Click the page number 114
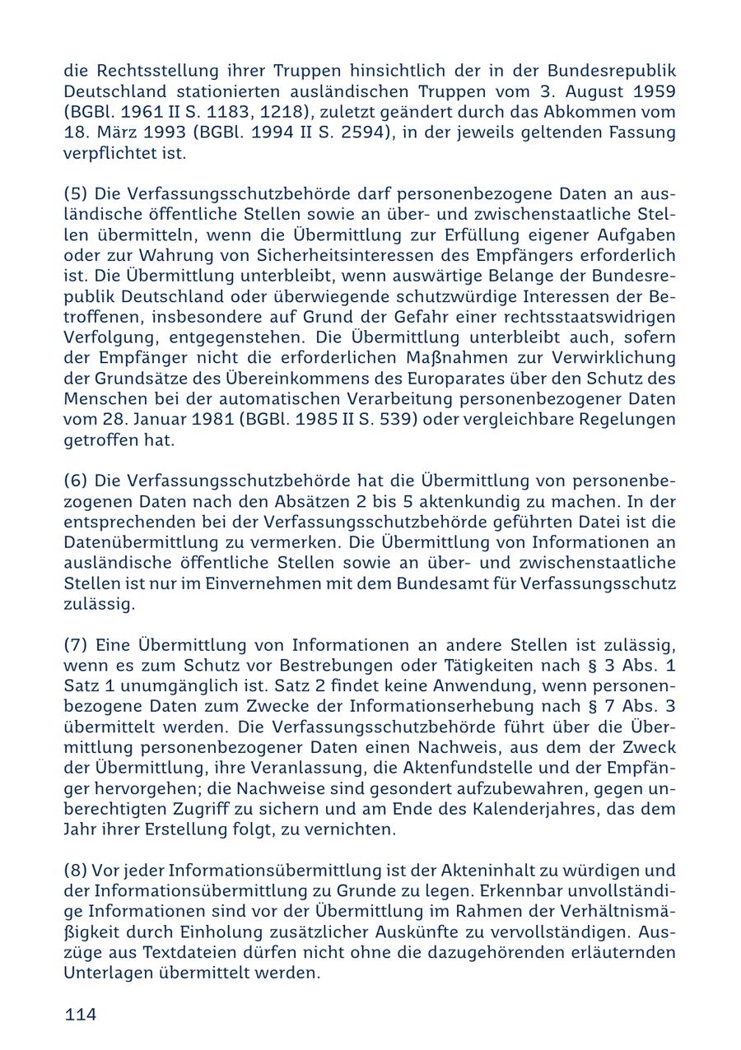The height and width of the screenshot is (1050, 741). [81, 1015]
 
